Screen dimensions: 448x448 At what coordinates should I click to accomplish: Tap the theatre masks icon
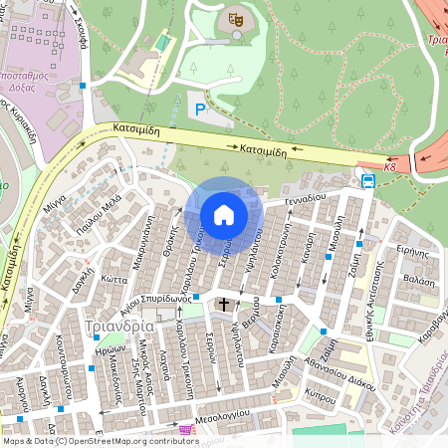pyautogui.click(x=236, y=19)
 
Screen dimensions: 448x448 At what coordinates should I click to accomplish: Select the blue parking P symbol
pyautogui.click(x=201, y=109)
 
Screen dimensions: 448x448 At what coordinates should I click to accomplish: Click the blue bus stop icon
pyautogui.click(x=368, y=181)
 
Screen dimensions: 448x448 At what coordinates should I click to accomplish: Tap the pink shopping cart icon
pyautogui.click(x=185, y=429)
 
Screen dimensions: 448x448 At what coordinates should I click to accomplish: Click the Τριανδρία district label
pyautogui.click(x=120, y=326)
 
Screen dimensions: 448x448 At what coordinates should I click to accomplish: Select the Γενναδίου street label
pyautogui.click(x=306, y=198)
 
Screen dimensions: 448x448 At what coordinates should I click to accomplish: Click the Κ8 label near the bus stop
pyautogui.click(x=389, y=167)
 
